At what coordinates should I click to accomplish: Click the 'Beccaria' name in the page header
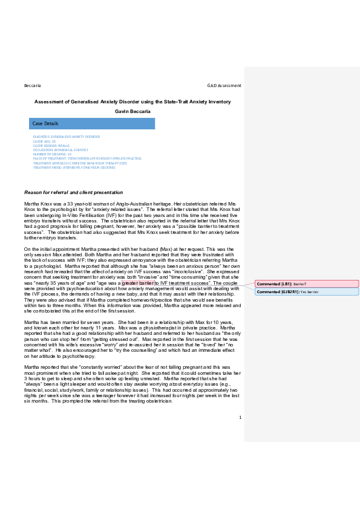pyautogui.click(x=33, y=85)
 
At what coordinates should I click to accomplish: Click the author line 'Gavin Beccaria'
pyautogui.click(x=132, y=111)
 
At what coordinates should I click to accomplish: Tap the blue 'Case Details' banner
pyautogui.click(x=92, y=123)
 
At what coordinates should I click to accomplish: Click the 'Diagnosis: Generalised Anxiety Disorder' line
pyautogui.click(x=67, y=137)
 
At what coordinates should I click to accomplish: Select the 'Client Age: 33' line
pyautogui.click(x=45, y=141)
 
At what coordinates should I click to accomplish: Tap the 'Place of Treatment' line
pyautogui.click(x=87, y=158)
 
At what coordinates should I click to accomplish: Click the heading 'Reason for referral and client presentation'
pyautogui.click(x=73, y=192)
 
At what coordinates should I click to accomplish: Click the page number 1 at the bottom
pyautogui.click(x=240, y=417)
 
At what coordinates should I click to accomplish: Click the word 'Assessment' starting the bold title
pyautogui.click(x=48, y=102)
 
